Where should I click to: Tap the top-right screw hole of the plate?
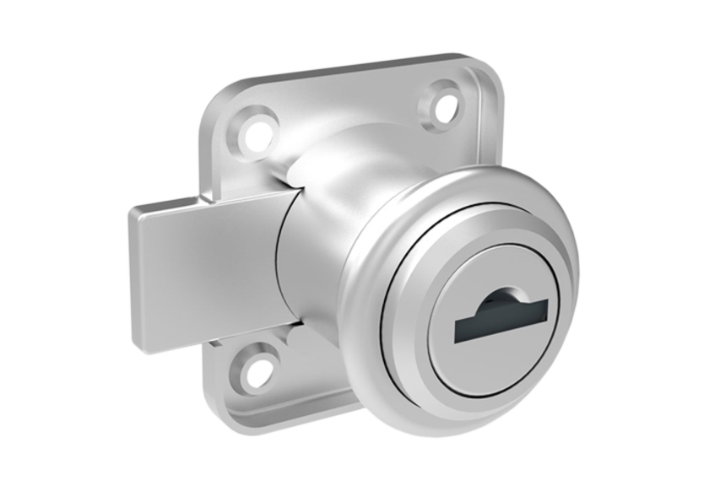[x=443, y=103]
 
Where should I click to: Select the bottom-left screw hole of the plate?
[x=256, y=368]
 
